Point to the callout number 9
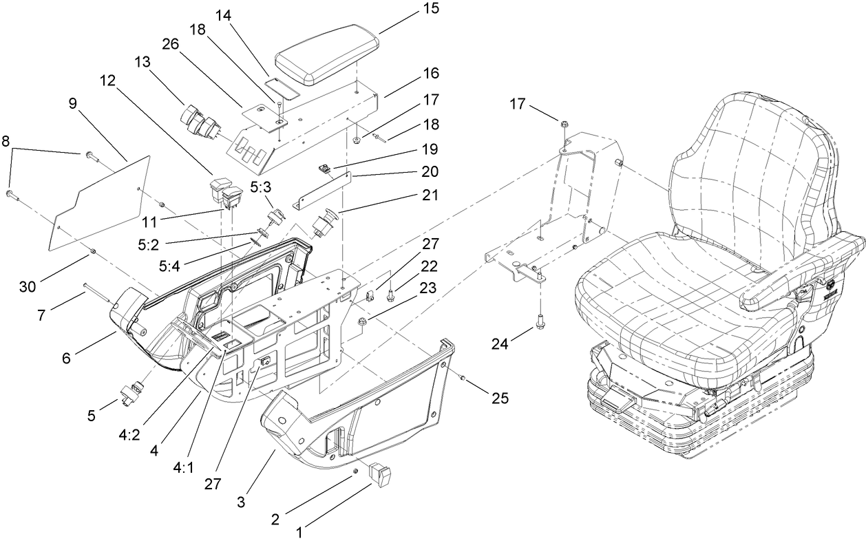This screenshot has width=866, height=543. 74,104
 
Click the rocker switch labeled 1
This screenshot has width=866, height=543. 379,474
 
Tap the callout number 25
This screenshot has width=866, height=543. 500,398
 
